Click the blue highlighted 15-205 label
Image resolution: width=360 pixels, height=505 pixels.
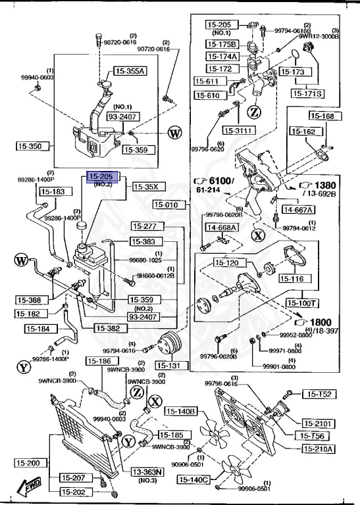[x=101, y=177]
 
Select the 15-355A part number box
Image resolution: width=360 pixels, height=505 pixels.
[x=131, y=71]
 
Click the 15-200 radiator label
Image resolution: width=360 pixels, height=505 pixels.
[x=29, y=463]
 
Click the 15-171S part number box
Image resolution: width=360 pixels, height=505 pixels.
[x=307, y=93]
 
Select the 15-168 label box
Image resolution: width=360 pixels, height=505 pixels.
[x=322, y=116]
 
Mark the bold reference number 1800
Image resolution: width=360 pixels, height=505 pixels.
[x=321, y=322]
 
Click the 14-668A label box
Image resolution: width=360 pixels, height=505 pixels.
[x=222, y=228]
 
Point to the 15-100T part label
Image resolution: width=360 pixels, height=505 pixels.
[x=302, y=303]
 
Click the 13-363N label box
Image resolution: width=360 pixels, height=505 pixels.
[x=146, y=471]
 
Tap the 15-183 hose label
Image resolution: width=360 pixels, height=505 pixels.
[x=53, y=191]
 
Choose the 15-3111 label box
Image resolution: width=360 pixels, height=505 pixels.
[x=238, y=130]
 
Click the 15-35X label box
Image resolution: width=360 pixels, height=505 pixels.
[x=147, y=186]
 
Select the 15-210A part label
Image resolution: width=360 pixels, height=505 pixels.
[x=318, y=449]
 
